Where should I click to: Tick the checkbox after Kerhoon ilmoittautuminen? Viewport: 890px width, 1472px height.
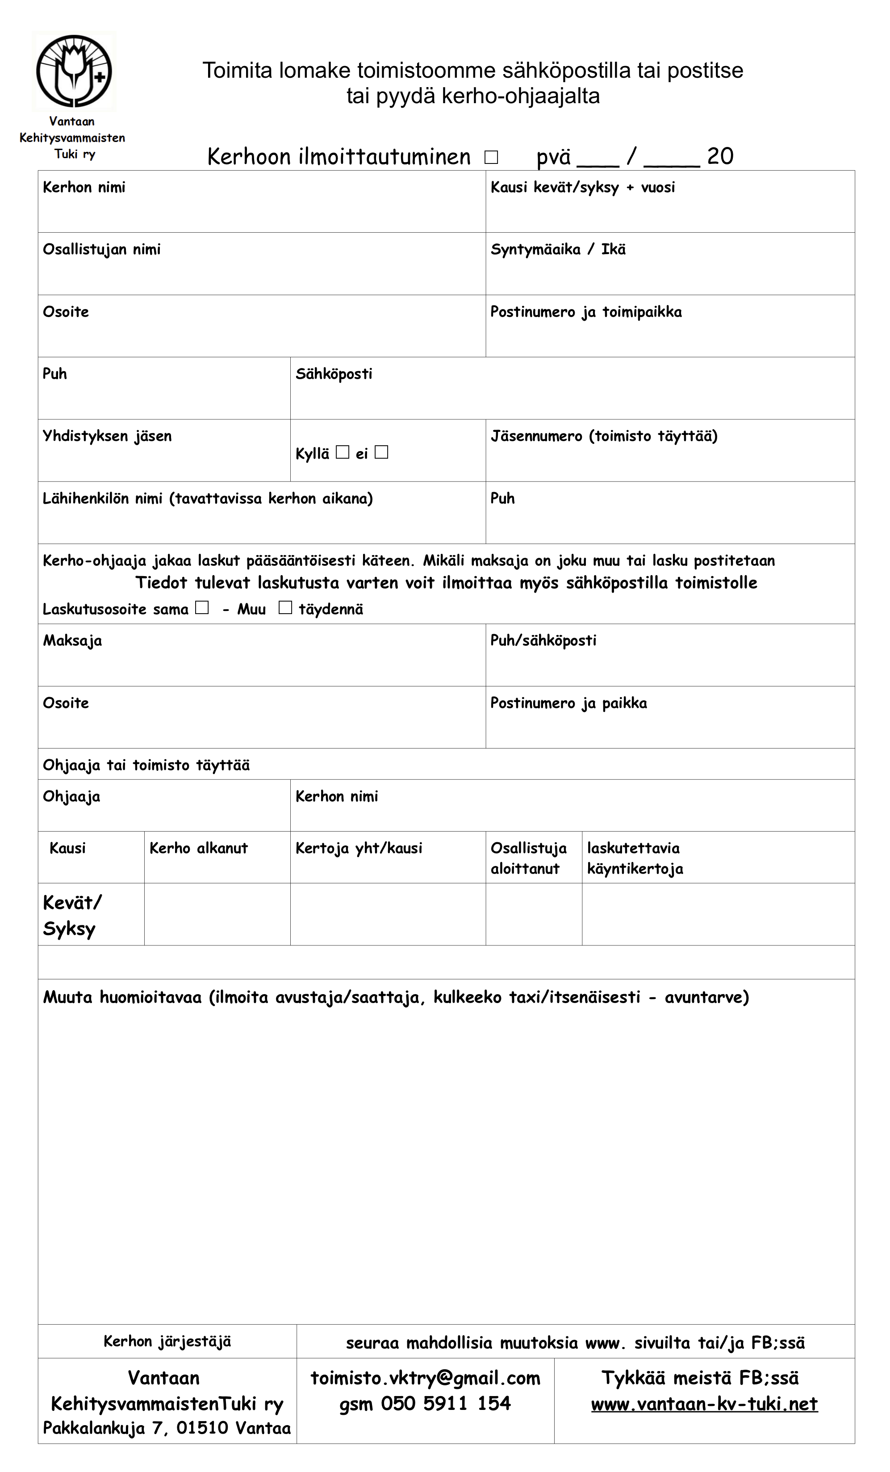(491, 157)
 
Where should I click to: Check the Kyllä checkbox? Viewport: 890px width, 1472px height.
(342, 452)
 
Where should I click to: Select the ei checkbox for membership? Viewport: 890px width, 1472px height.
(381, 452)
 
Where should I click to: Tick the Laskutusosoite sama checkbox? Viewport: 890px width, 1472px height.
(202, 607)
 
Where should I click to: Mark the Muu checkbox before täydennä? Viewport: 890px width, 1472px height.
(285, 607)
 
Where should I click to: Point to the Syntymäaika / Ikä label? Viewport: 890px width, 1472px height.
(558, 250)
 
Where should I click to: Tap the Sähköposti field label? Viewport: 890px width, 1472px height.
(334, 374)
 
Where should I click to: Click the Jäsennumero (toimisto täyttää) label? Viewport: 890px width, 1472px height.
(604, 436)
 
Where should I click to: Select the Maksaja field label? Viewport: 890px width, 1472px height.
(72, 641)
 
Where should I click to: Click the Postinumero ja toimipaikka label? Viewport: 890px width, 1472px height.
(586, 312)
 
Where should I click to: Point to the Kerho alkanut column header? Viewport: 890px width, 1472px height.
(198, 848)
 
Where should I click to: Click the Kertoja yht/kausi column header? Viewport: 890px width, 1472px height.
(359, 848)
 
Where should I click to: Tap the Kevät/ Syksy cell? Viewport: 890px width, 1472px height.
(72, 915)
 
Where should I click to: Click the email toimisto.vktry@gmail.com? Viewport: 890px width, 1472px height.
(425, 1378)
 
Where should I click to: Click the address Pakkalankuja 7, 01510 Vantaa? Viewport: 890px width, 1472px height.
(167, 1428)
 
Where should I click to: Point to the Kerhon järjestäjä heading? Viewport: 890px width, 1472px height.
(167, 1342)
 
